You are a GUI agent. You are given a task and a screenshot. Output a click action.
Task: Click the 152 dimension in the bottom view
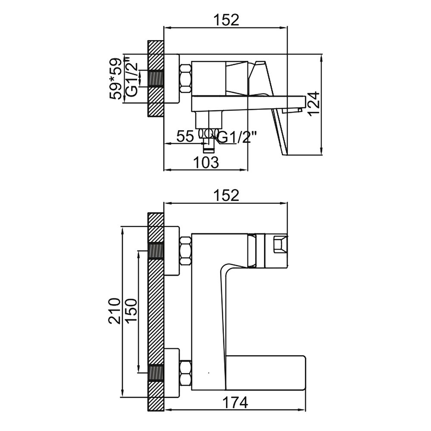click(227, 195)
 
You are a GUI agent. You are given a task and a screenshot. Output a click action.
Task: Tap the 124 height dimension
click(314, 104)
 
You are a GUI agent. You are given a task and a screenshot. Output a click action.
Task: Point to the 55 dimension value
click(185, 136)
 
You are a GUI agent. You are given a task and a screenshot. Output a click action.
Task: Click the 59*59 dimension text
click(115, 79)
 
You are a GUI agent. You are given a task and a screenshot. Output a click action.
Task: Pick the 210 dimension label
click(115, 311)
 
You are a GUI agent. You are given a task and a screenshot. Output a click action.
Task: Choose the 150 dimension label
click(131, 311)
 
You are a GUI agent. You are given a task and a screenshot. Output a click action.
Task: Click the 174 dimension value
click(235, 403)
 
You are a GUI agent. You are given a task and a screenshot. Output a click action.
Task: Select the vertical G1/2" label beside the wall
click(131, 76)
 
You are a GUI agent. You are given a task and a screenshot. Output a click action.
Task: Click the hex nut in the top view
click(185, 78)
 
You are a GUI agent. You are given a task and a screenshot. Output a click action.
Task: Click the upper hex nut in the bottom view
click(185, 251)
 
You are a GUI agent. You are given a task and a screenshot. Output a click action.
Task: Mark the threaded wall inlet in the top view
click(156, 78)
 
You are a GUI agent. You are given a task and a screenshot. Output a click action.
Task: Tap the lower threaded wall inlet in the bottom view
click(156, 373)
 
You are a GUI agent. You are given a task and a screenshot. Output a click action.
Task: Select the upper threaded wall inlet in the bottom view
click(156, 251)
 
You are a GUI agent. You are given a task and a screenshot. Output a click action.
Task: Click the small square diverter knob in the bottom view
click(280, 244)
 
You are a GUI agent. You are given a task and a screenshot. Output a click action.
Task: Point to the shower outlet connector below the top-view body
click(209, 140)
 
